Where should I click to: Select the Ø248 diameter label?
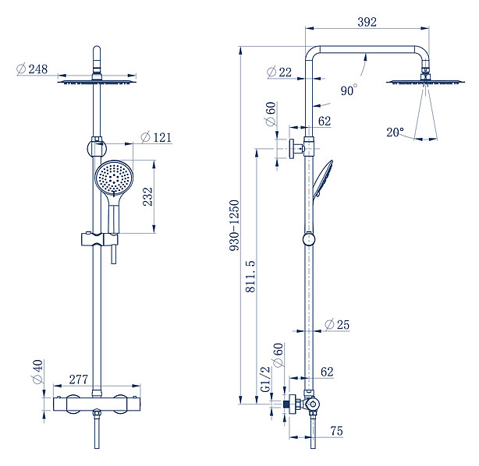coord(33,69)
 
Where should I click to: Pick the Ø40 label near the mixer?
coord(37,372)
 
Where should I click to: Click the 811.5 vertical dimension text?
coord(250,276)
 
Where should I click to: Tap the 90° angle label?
coord(349,90)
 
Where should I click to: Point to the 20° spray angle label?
coord(396,132)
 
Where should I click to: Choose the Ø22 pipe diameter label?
coord(279,72)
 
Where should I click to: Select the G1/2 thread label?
coord(264,379)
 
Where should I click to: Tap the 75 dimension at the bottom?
coord(336,430)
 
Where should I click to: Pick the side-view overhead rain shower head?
coord(424,82)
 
